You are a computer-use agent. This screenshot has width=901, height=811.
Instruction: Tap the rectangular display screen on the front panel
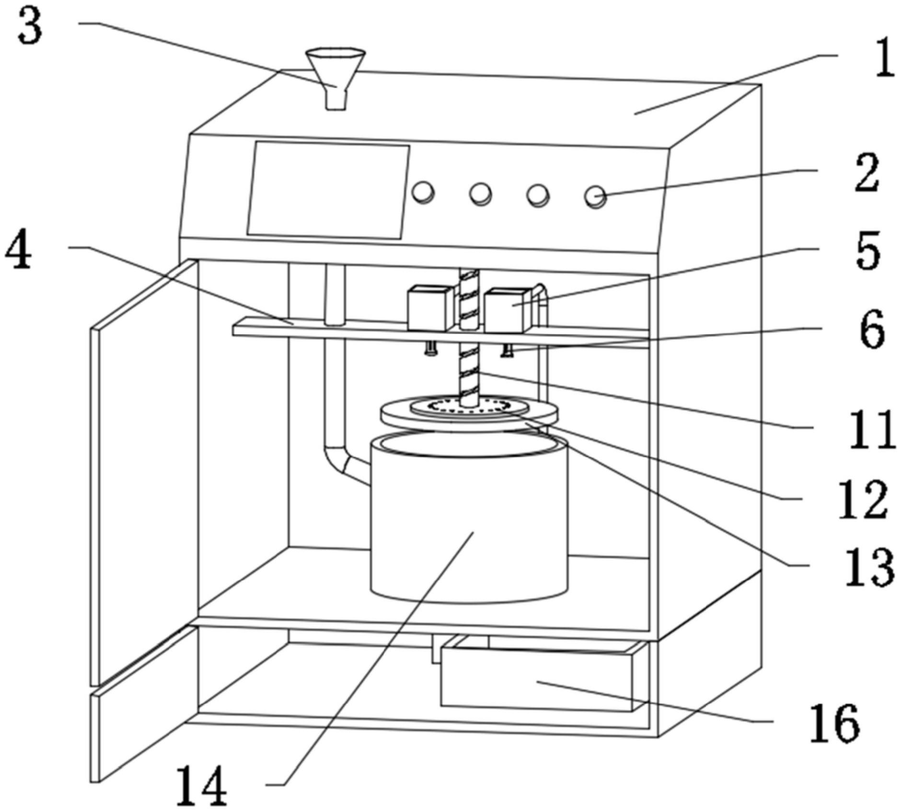pos(328,190)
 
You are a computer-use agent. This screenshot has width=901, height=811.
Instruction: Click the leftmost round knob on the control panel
pos(424,193)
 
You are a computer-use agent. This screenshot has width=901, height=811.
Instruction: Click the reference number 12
pos(863,499)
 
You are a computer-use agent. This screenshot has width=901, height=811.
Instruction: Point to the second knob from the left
pos(480,194)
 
